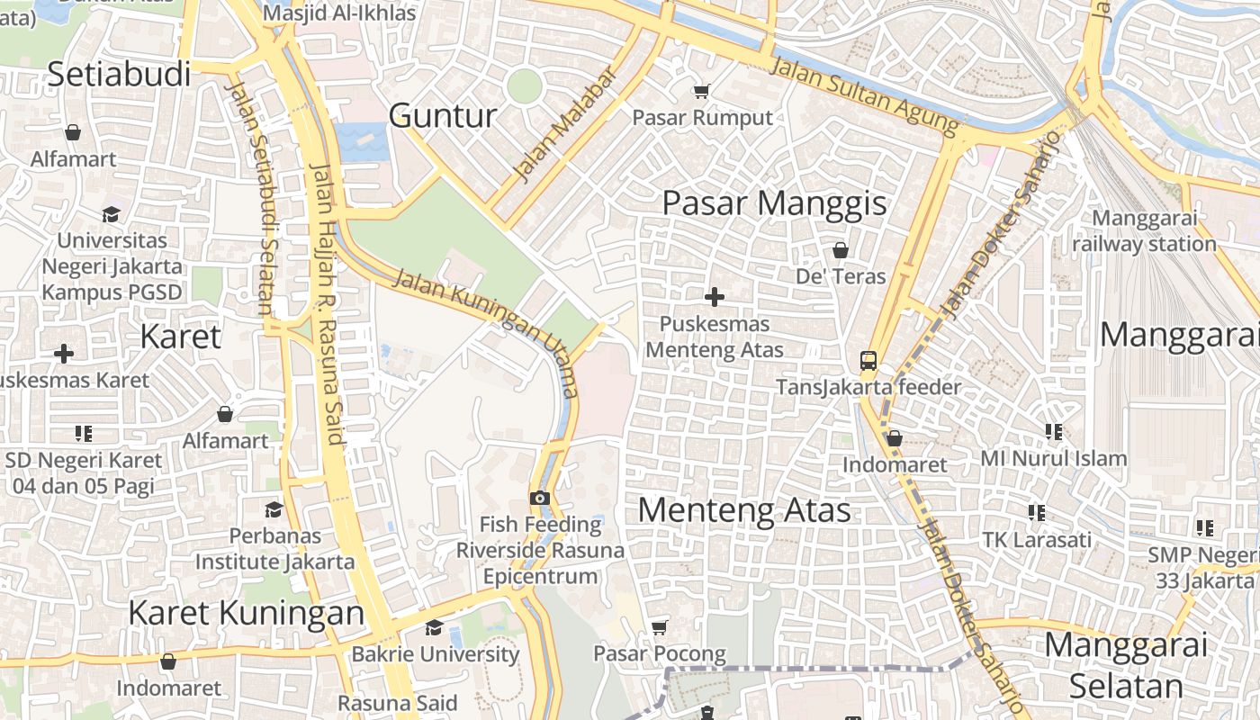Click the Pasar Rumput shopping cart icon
(x=700, y=91)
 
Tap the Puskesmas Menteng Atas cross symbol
(x=715, y=296)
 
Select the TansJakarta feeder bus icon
(x=868, y=361)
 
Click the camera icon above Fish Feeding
(x=539, y=498)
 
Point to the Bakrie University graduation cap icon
(x=434, y=627)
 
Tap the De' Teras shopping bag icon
(x=841, y=249)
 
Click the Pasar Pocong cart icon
(x=660, y=626)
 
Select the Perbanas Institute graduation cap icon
(x=274, y=509)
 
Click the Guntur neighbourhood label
(x=443, y=116)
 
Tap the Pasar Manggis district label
(x=774, y=203)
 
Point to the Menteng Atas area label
(x=744, y=510)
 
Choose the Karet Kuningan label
(x=246, y=613)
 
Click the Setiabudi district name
(x=119, y=75)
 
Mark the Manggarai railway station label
(x=1144, y=231)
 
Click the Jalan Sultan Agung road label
(x=865, y=94)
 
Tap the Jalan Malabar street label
(x=563, y=123)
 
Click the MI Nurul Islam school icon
(x=1054, y=432)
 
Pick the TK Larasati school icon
(x=1037, y=513)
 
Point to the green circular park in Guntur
(x=524, y=86)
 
